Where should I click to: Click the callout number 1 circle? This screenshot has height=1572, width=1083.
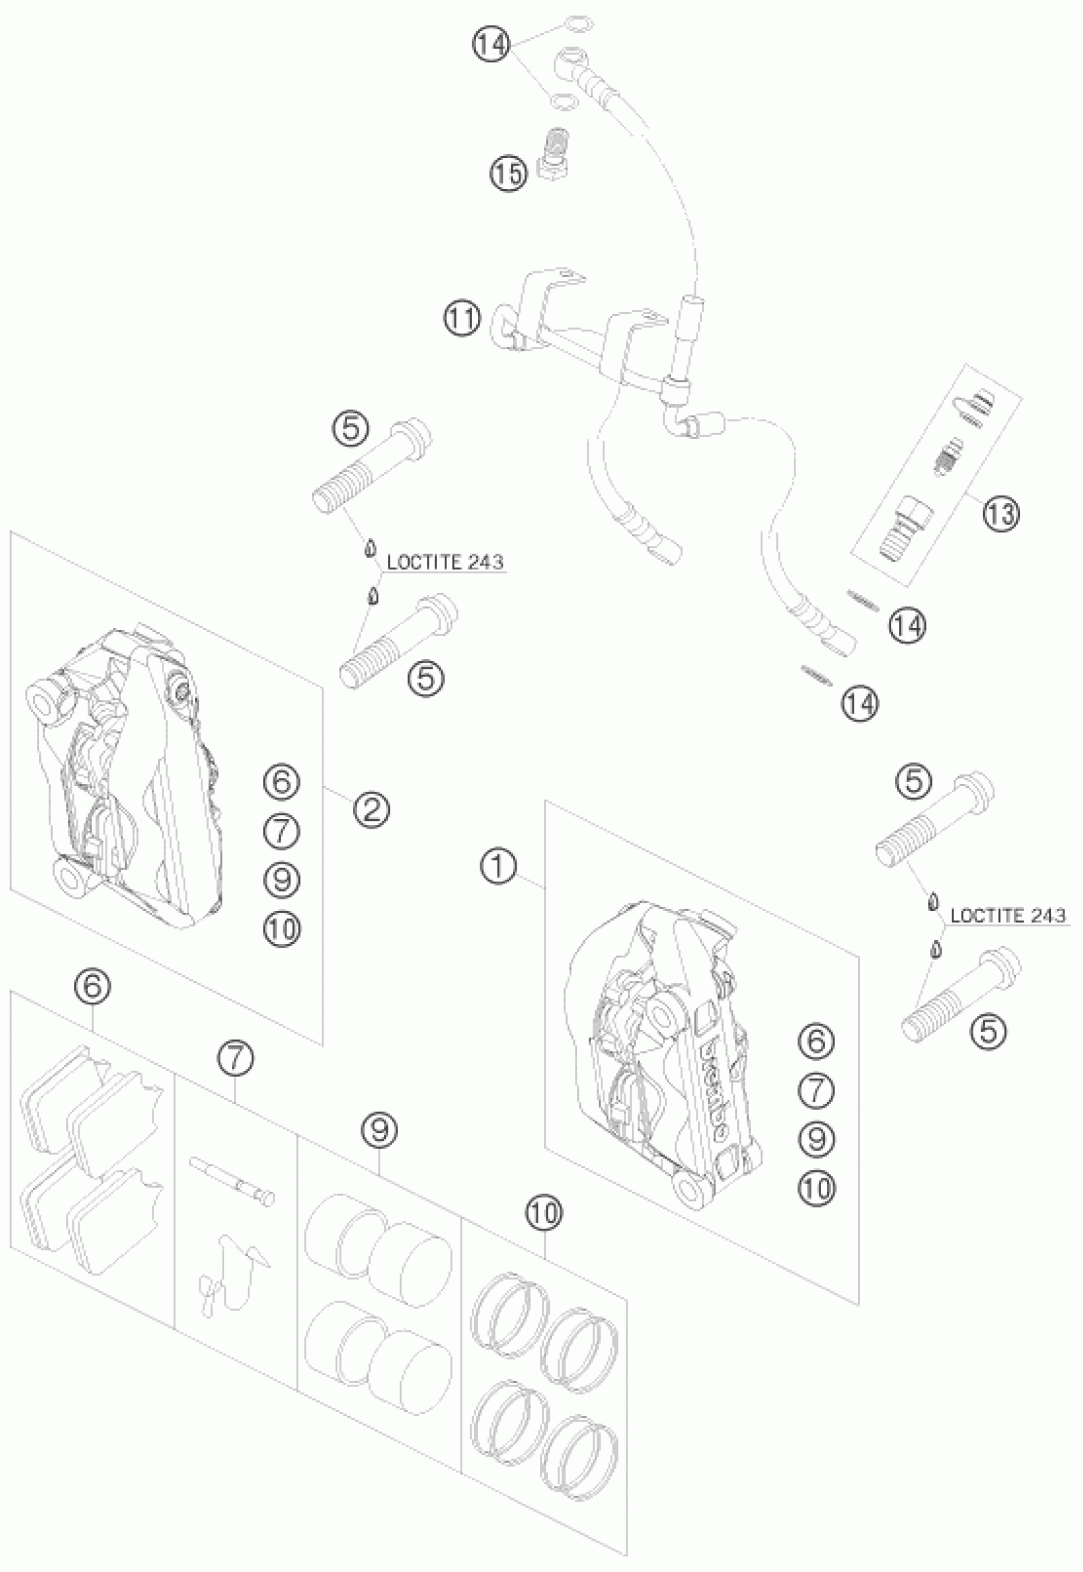499,867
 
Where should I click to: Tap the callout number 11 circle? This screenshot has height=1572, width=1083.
462,318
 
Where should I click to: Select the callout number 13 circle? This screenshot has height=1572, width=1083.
1001,513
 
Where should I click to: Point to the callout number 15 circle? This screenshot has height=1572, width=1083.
509,174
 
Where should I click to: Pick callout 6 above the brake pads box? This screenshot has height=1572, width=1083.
92,987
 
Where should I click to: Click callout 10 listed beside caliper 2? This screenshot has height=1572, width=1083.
282,928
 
